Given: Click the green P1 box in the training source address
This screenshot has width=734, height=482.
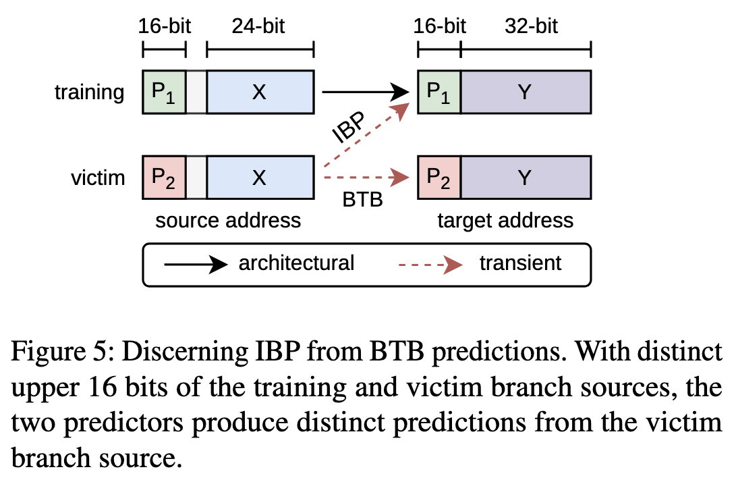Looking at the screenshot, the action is point(165,92).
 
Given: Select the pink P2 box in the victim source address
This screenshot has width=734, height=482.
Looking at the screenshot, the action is point(165,178).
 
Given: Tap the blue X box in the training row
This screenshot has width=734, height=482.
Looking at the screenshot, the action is point(260,92).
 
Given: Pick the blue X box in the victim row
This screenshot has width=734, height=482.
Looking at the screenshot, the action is point(260,178).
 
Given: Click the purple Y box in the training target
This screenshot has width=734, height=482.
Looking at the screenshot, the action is point(526,92).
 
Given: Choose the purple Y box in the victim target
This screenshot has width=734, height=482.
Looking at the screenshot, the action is point(526,178).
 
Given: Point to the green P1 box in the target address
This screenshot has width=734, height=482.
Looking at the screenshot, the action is point(439,92).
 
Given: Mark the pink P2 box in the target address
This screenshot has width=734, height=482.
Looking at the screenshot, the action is point(439,178).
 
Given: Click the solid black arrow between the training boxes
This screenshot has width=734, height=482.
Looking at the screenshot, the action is point(366,92).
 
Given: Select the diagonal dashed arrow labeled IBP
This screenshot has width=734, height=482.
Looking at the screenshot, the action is point(366,136).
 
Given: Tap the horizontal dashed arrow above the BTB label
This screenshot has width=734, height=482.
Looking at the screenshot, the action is point(366,178).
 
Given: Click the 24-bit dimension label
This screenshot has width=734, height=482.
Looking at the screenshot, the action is point(258,26).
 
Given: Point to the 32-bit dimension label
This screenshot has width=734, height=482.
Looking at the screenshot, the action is point(531,26).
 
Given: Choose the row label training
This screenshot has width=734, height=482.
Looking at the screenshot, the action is point(90,92).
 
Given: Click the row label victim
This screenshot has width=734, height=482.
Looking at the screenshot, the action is point(98,178).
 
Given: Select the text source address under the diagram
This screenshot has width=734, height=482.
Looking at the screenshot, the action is point(228,220).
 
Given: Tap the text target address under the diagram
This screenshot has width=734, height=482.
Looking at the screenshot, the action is point(505,221).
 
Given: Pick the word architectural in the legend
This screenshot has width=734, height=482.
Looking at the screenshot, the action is point(296,263).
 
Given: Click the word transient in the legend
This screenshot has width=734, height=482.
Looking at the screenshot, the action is point(520,263).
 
